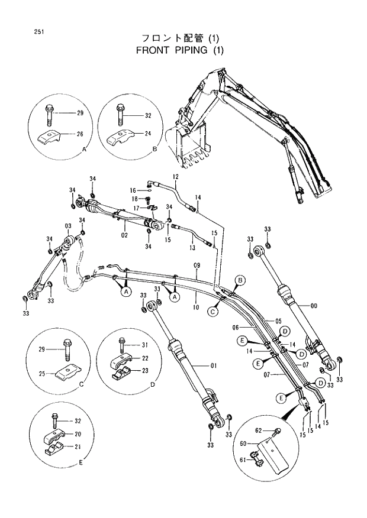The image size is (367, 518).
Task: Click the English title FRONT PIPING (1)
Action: pyautogui.click(x=181, y=50)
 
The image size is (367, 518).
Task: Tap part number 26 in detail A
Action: pyautogui.click(x=80, y=134)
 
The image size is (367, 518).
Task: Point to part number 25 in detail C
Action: pyautogui.click(x=41, y=373)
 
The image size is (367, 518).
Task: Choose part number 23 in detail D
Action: pyautogui.click(x=145, y=371)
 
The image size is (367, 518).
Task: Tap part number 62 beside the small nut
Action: pyautogui.click(x=259, y=430)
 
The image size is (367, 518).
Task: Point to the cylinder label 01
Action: pyautogui.click(x=213, y=366)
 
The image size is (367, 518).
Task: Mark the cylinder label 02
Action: pyautogui.click(x=125, y=236)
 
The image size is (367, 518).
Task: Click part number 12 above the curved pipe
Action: pyautogui.click(x=176, y=177)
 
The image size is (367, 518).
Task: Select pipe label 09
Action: pyautogui.click(x=197, y=266)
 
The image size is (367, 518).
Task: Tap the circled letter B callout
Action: pyautogui.click(x=240, y=279)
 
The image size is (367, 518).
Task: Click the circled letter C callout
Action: pyautogui.click(x=213, y=309)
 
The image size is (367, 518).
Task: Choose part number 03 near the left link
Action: pyautogui.click(x=68, y=227)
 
